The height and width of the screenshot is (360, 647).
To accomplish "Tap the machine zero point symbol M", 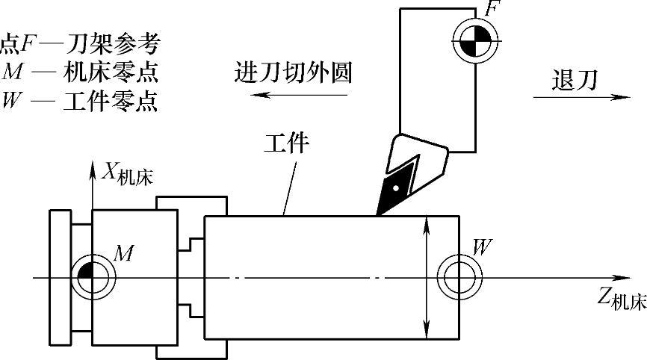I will [91, 278].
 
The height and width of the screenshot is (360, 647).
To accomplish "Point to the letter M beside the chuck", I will [123, 254].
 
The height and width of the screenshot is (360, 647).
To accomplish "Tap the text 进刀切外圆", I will [292, 73].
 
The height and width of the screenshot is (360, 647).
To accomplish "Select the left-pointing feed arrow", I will [299, 95].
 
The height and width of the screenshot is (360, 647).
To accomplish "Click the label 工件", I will [286, 143].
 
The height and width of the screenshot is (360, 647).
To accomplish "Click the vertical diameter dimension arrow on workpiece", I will [426, 276].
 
